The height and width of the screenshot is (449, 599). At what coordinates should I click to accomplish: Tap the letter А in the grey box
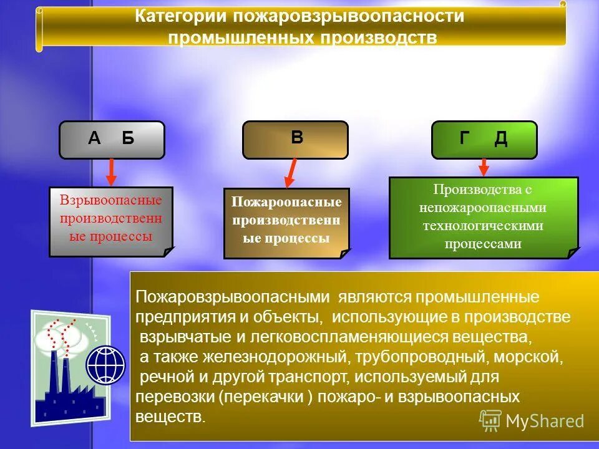coord(94,138)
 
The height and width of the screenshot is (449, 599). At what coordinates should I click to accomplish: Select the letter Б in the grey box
coord(128,138)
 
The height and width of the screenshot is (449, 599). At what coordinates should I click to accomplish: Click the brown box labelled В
coord(296,138)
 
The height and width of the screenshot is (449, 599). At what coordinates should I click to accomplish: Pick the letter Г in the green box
coord(464,138)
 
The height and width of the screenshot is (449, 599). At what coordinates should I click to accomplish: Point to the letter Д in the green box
coord(500,138)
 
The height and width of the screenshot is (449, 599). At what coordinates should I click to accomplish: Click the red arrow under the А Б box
coord(111,171)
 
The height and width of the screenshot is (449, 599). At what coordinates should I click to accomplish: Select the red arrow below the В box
coord(291,173)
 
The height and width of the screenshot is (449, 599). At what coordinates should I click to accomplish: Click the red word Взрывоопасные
coord(110,201)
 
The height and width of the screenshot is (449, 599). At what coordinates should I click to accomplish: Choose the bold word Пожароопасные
coord(286,203)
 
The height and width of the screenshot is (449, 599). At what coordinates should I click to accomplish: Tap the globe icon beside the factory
coord(105,365)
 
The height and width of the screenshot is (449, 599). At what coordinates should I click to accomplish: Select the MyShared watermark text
coord(544,421)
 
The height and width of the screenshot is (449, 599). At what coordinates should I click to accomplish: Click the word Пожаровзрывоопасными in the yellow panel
coord(232,297)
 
